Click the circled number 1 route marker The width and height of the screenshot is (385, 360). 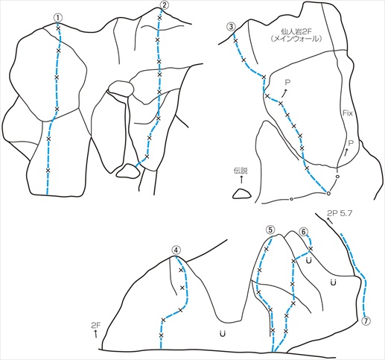(x=57, y=18)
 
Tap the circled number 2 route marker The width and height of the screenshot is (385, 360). (x=163, y=4)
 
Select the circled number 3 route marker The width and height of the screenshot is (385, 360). (x=232, y=27)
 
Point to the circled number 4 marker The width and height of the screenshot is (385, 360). (x=176, y=250)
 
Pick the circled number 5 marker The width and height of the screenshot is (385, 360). (x=270, y=230)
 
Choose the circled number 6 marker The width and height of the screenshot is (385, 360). (x=304, y=231)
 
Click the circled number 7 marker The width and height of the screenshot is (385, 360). (x=366, y=320)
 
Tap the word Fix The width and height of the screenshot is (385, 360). (x=348, y=113)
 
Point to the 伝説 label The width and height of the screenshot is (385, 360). (x=241, y=171)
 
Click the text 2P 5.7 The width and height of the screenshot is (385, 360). (x=340, y=212)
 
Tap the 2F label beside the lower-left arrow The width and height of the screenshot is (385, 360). (x=96, y=326)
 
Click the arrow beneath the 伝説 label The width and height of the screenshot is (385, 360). (x=241, y=179)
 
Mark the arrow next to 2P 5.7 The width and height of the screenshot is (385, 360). (x=330, y=221)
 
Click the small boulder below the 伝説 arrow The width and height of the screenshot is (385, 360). (x=242, y=194)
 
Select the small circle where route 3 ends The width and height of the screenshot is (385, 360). (x=328, y=193)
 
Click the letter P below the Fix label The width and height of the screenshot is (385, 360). (x=351, y=143)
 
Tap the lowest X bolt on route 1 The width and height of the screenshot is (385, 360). (x=48, y=170)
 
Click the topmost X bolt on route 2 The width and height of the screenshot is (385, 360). (x=159, y=18)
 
